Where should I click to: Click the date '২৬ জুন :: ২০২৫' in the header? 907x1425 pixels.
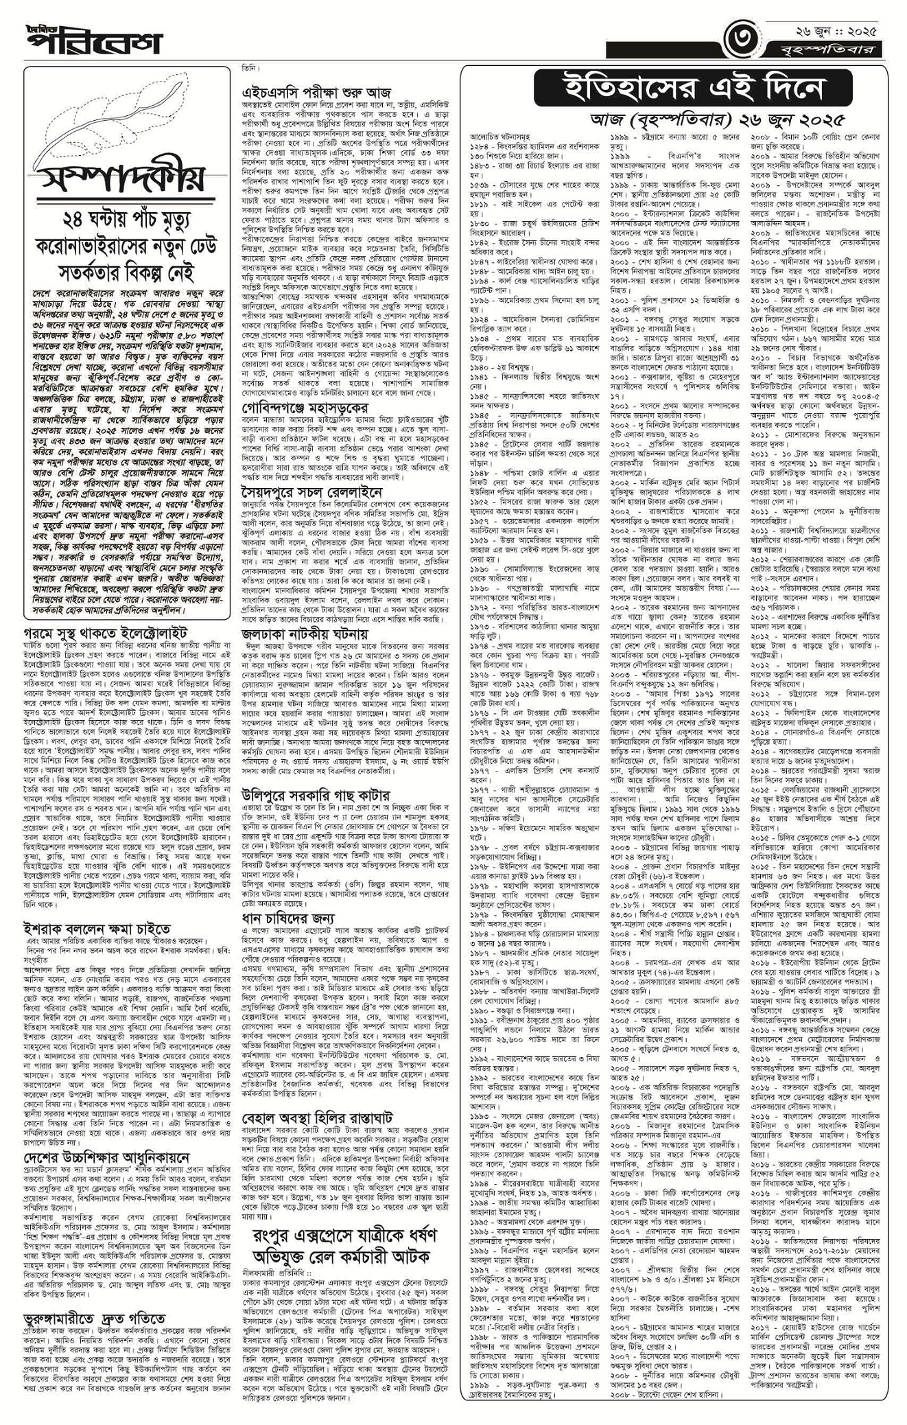pos(832,30)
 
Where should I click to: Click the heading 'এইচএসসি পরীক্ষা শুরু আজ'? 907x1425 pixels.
pos(316,92)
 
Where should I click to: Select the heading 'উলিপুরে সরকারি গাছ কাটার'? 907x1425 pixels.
pos(316,795)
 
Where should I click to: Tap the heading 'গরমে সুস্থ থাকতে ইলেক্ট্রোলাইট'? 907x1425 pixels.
pos(105,632)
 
